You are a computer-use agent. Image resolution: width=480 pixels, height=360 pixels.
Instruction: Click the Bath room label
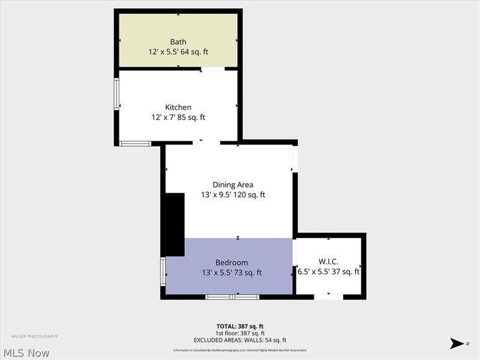(178, 42)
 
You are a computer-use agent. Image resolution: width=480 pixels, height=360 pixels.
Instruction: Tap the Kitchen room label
(178, 107)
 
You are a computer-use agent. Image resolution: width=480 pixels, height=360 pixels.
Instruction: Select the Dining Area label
(233, 185)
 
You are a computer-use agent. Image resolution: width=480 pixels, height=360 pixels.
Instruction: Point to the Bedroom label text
(232, 263)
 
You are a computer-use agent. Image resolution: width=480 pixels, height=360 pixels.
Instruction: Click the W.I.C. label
(329, 262)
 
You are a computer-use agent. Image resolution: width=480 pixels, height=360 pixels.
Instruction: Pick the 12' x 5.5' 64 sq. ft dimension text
(178, 52)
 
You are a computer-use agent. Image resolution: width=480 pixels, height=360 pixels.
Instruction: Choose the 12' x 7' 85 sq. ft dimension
(178, 118)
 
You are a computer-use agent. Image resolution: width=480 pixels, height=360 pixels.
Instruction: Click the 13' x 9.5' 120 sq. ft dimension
(233, 195)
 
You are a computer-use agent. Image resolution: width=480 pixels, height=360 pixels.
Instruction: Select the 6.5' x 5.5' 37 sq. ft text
(329, 272)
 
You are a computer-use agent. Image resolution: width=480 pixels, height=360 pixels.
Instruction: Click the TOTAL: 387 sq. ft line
(240, 326)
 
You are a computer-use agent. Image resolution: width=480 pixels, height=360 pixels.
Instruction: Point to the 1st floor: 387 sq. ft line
(240, 333)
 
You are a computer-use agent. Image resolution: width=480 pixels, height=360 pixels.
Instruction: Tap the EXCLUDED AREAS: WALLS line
(240, 340)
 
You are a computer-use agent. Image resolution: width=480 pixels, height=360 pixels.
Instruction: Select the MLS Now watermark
(26, 353)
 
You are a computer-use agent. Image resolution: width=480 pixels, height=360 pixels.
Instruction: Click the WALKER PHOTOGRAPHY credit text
(34, 337)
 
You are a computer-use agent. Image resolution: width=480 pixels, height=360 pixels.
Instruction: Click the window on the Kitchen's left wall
(118, 95)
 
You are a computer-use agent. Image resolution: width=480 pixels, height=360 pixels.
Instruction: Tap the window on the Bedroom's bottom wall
(232, 297)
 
